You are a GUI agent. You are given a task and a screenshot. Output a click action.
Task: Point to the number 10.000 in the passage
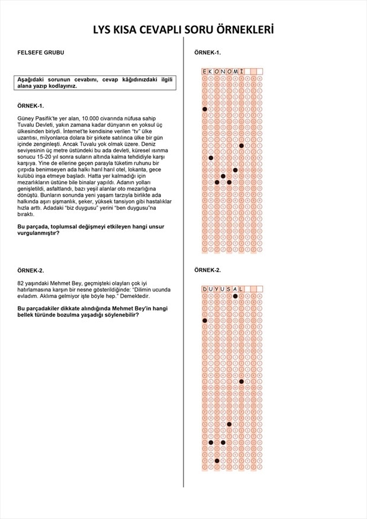click(91, 118)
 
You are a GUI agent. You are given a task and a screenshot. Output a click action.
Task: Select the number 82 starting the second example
click(21, 283)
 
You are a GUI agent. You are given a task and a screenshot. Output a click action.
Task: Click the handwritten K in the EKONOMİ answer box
click(211, 72)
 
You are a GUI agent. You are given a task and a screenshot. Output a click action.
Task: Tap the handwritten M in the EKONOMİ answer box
click(235, 72)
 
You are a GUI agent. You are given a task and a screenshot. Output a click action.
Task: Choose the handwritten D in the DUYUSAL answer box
click(205, 289)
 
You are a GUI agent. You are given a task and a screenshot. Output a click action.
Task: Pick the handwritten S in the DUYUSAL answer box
click(229, 289)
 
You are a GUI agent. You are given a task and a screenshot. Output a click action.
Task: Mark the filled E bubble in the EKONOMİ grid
click(205, 109)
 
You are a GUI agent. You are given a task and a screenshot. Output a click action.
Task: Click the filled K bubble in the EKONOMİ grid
click(211, 158)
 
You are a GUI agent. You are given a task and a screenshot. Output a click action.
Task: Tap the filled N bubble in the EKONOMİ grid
click(223, 176)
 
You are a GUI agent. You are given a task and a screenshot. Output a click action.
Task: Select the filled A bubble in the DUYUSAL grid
click(235, 296)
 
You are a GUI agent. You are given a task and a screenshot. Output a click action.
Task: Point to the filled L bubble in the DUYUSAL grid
click(241, 381)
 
